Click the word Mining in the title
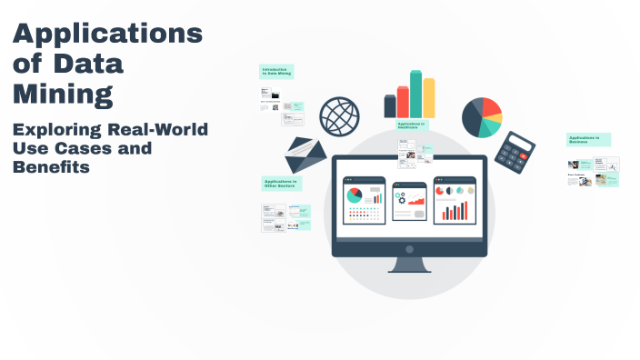tap(63, 93)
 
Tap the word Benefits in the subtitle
tap(51, 167)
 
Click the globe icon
tap(339, 115)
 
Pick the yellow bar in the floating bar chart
tap(429, 97)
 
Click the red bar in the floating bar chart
tap(403, 102)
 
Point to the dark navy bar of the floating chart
tap(390, 106)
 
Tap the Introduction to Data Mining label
tap(276, 71)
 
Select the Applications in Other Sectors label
tap(281, 184)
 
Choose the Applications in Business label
tap(588, 140)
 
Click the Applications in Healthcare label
tap(412, 125)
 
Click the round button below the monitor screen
tap(410, 248)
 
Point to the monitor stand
tap(410, 265)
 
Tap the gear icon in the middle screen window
tap(400, 197)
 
